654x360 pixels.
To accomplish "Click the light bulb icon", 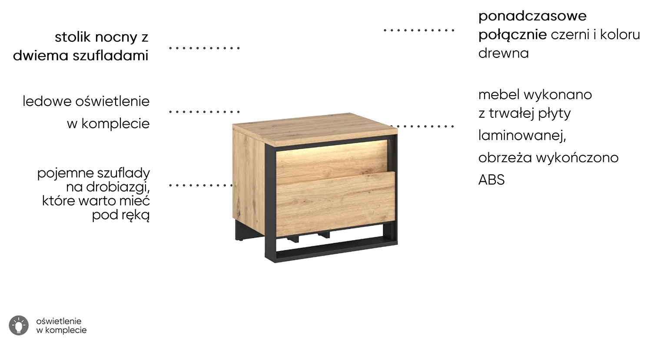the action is tap(18, 325).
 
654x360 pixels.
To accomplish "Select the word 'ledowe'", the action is tap(47, 101).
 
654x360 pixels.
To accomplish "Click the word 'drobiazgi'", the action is tap(118, 187).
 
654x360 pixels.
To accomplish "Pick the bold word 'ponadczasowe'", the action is tap(532, 17).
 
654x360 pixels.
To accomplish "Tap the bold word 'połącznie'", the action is tap(512, 35).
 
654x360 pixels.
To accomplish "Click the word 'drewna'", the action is tap(503, 53).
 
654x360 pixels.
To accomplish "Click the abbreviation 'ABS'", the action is tap(491, 180).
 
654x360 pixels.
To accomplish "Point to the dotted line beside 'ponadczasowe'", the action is tap(418, 30).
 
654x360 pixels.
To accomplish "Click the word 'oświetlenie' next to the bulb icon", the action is tap(59, 321).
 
